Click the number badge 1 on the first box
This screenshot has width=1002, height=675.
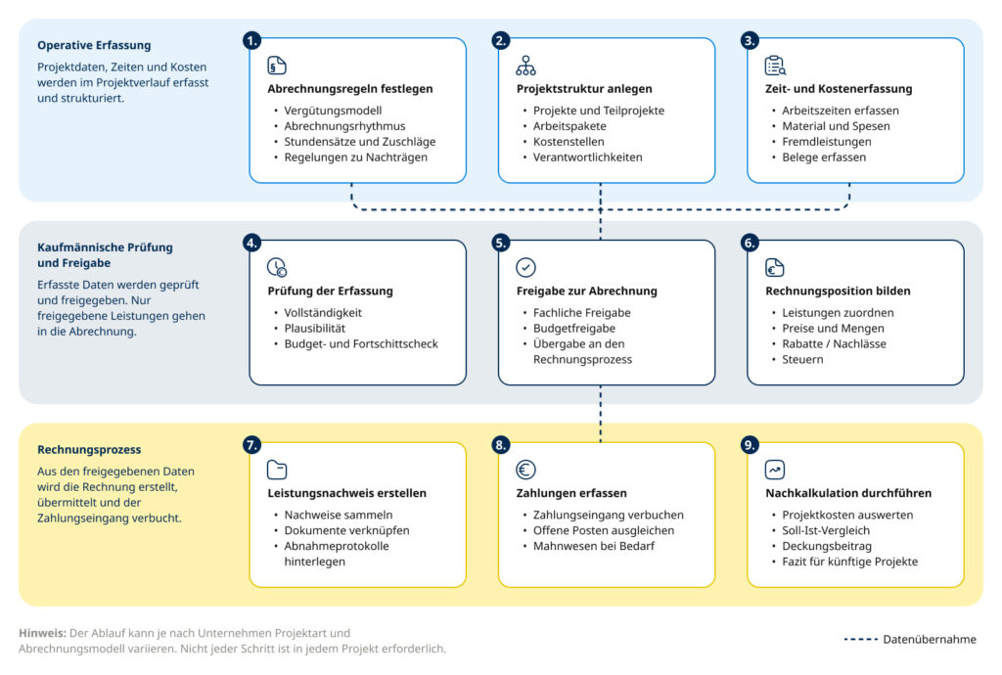point(251,41)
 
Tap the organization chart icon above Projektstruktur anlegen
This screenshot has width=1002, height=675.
point(525,66)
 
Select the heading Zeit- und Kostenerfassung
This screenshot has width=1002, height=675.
point(839,89)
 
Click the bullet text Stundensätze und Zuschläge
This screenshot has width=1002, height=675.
point(360,142)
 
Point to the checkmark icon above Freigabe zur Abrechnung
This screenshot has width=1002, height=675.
point(525,267)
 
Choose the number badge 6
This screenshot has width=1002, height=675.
point(750,243)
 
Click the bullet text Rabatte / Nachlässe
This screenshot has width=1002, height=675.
point(834,343)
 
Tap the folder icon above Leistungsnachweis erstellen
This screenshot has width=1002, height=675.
point(277,470)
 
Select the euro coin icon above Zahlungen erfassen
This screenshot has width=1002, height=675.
point(525,470)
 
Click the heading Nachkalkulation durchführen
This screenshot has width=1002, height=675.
point(848,493)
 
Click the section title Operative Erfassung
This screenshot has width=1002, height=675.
point(94,45)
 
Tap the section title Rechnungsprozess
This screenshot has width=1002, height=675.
point(89,450)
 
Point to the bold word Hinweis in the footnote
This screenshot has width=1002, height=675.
point(42,633)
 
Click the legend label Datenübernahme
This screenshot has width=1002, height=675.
point(930,639)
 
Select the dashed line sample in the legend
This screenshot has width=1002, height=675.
point(861,639)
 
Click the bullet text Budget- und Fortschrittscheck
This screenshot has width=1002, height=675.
point(361,343)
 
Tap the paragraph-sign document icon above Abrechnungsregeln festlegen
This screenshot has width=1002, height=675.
point(277,66)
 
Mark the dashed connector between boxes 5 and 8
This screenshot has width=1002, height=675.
point(600,413)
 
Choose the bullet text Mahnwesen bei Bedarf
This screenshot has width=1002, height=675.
point(594,546)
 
